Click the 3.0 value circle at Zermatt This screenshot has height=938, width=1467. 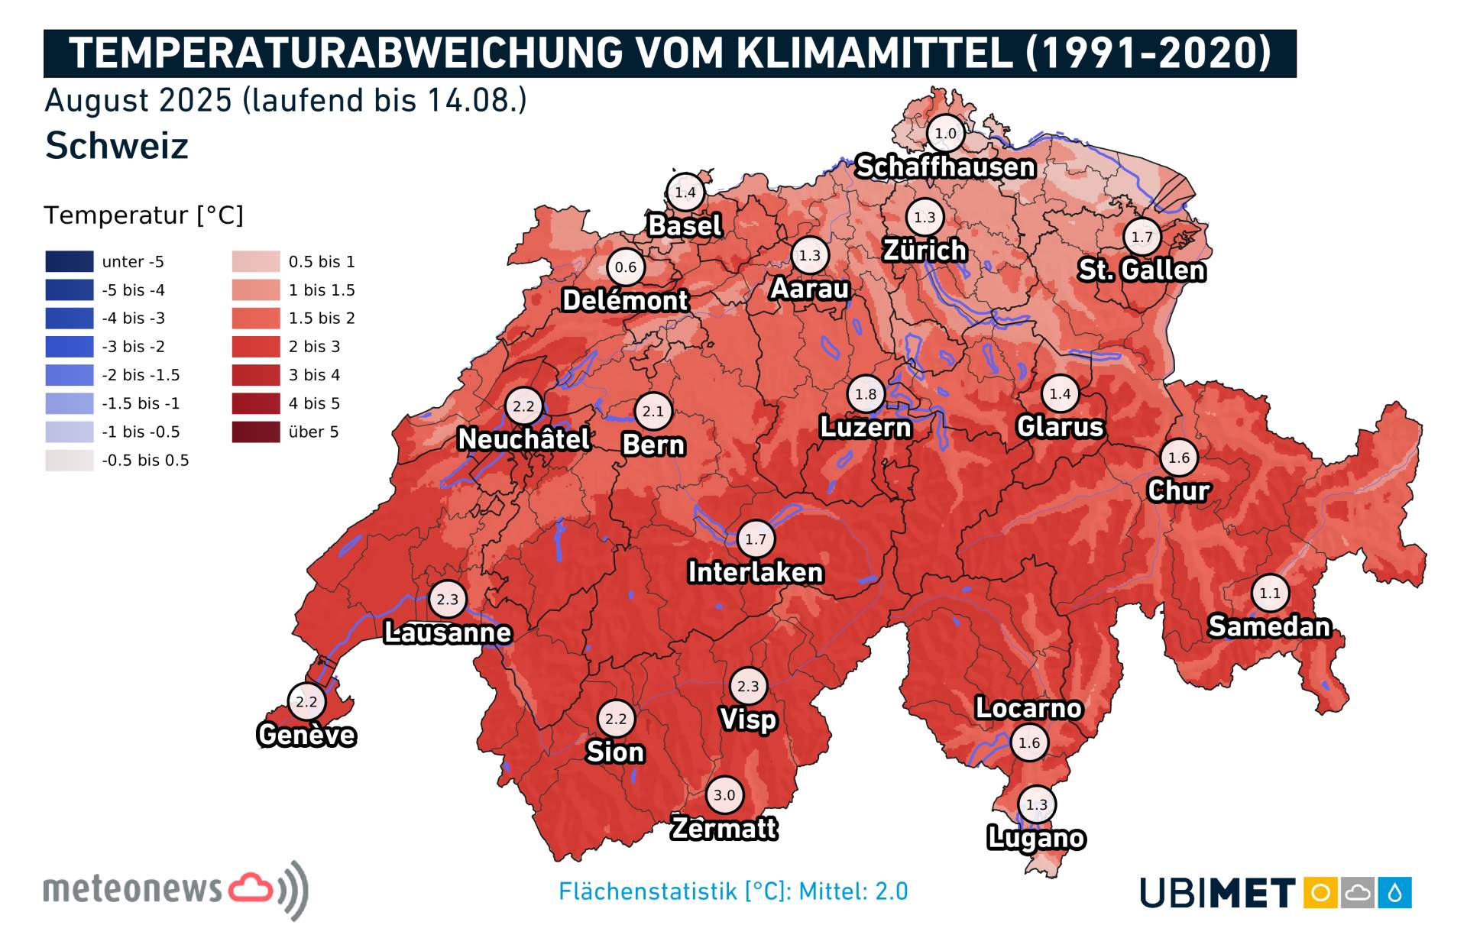click(x=724, y=794)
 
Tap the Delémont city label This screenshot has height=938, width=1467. click(x=625, y=300)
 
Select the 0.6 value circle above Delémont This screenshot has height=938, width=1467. click(x=626, y=267)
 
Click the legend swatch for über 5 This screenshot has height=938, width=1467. click(x=256, y=432)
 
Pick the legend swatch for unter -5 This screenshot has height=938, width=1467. click(x=70, y=261)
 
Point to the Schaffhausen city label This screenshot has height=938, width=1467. click(x=945, y=167)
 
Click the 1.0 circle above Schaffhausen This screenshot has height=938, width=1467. click(x=945, y=134)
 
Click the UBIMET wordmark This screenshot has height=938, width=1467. click(x=1217, y=892)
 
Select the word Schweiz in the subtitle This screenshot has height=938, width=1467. click(x=117, y=145)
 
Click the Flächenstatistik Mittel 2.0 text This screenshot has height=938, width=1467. click(x=733, y=891)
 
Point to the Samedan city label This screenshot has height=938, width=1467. click(x=1269, y=626)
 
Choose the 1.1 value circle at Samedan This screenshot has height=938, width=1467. click(x=1270, y=593)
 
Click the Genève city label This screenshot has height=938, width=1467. click(x=306, y=735)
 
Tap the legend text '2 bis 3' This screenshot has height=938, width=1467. click(x=314, y=347)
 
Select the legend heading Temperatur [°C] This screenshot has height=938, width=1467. click(x=144, y=215)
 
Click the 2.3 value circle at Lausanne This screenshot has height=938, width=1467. click(x=448, y=600)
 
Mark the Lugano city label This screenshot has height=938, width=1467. click(x=1036, y=838)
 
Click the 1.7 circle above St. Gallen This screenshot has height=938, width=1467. click(x=1142, y=237)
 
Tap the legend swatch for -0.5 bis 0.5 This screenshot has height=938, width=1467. click(x=70, y=460)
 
